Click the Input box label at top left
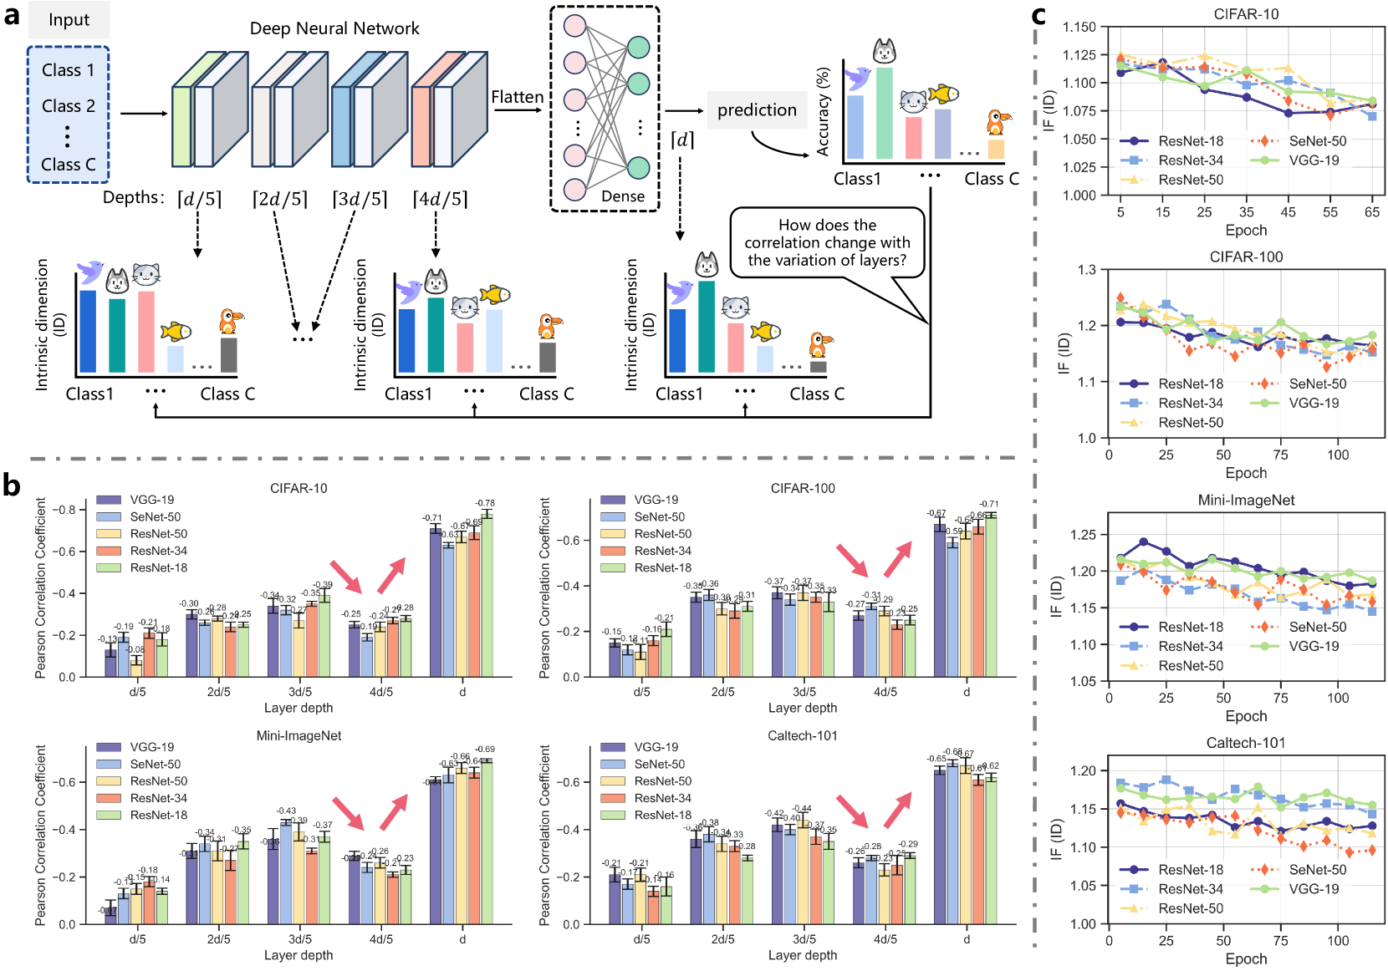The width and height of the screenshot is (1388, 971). point(69,20)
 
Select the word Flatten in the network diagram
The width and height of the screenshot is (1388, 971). point(517,97)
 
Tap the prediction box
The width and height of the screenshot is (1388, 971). point(757,110)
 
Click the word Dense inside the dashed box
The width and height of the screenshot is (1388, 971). point(623,196)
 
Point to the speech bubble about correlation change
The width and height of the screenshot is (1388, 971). point(827,242)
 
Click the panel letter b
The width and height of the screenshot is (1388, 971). point(12,485)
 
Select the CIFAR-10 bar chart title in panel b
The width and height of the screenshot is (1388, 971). point(299,488)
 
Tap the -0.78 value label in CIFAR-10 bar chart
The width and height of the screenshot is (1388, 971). point(485,503)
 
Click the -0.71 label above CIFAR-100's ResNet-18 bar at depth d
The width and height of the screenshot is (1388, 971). point(989,504)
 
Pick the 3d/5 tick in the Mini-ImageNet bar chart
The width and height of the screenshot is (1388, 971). point(300,939)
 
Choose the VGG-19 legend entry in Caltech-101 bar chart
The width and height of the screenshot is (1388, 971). point(656,747)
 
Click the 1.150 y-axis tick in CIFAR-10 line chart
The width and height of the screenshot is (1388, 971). point(1079,27)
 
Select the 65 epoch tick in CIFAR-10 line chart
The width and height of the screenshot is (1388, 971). point(1372,212)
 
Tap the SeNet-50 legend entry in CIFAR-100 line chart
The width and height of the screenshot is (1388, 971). point(1317,384)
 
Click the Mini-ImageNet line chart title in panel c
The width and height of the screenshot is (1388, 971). point(1246,501)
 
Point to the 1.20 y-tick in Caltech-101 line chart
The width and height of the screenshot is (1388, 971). point(1083,770)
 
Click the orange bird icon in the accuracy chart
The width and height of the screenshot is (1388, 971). point(995,123)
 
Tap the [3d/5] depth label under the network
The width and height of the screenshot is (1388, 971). point(360,199)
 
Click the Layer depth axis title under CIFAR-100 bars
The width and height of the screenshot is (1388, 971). point(802,708)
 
